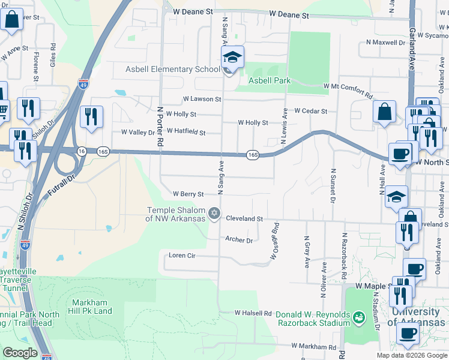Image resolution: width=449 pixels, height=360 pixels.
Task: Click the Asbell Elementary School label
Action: pos(172,69)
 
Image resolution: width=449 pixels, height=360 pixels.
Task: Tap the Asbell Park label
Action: pos(270,81)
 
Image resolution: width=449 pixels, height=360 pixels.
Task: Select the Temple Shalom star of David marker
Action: pos(214,214)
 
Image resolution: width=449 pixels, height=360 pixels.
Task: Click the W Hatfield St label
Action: pos(186,131)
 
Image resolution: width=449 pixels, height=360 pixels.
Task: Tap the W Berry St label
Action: pos(188,194)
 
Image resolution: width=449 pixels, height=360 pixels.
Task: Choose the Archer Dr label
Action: pos(239,240)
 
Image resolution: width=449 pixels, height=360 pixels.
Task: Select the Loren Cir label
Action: pos(182,255)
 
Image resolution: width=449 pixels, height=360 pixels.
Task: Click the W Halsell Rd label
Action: pos(253,313)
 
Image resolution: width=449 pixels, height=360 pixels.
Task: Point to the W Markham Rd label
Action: pos(313,347)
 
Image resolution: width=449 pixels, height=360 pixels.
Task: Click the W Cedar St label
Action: pos(310,111)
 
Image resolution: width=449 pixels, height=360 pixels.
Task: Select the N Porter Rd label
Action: pos(160,127)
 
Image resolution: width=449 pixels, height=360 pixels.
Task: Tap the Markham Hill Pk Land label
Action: pos(92,307)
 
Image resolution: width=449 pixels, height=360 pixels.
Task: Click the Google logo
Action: pos(20,353)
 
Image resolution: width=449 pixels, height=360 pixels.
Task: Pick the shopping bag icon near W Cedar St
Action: pos(384,112)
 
